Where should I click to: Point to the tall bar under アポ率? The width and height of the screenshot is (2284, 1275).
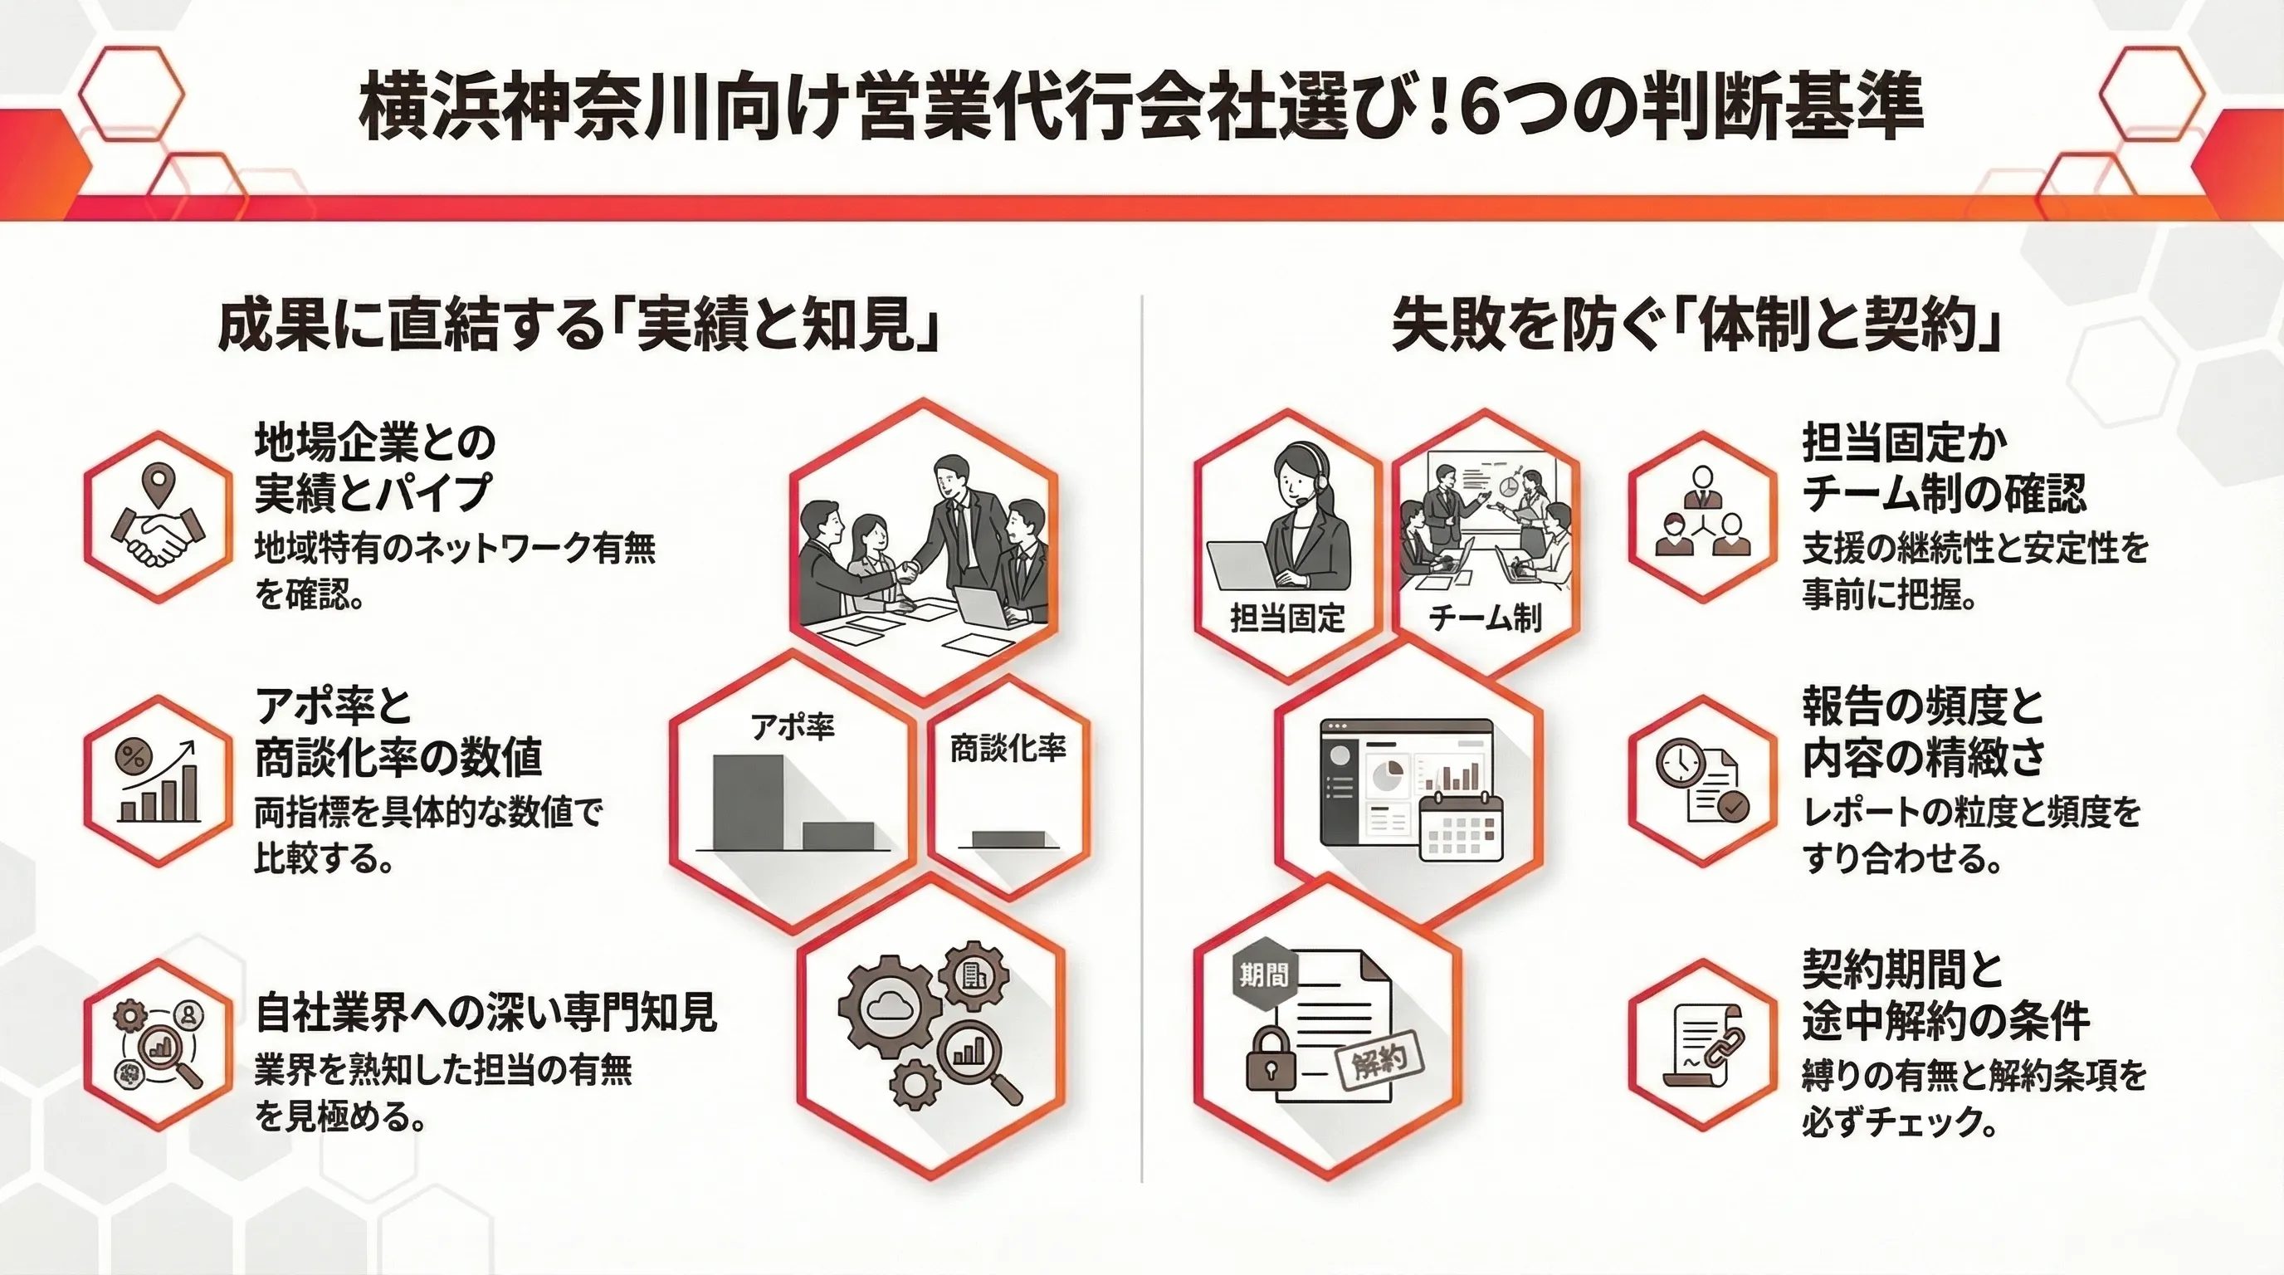pyautogui.click(x=749, y=803)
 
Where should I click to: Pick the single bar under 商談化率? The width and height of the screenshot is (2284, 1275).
pyautogui.click(x=1008, y=838)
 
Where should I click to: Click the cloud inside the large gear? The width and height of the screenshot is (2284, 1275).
pyautogui.click(x=887, y=1005)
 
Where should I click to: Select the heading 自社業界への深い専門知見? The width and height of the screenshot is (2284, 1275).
pyautogui.click(x=486, y=1013)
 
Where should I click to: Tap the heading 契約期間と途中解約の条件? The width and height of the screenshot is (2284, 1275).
pyautogui.click(x=1945, y=994)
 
